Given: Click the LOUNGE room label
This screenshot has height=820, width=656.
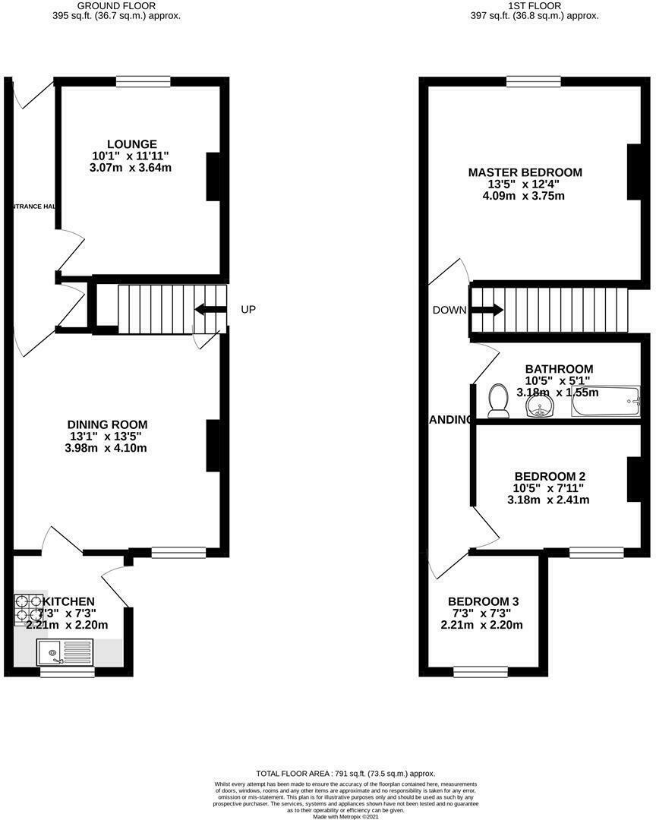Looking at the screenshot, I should [132, 144].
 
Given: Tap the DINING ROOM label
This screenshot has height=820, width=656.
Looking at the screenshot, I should [107, 424].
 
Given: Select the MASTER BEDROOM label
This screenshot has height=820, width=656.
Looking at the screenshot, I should [525, 172].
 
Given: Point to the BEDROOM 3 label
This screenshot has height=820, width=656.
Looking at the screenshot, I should [483, 601].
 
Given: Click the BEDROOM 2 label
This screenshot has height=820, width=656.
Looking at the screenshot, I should [549, 476].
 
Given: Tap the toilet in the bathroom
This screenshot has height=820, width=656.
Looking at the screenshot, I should [499, 400].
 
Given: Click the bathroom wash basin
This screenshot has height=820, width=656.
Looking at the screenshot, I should [538, 408].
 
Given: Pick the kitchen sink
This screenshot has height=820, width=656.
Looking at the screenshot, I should [66, 651].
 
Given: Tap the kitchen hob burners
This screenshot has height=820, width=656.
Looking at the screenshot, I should [28, 608].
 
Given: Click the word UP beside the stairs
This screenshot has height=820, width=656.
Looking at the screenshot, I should [248, 310].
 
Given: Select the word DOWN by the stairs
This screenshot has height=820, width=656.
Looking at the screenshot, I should [450, 310].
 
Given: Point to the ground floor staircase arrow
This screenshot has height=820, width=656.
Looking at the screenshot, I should [210, 309].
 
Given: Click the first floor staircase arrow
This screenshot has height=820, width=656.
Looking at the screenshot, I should [487, 310].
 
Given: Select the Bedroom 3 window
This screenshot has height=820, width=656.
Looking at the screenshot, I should [480, 671].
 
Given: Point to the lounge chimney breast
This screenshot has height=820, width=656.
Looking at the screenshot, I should [213, 176].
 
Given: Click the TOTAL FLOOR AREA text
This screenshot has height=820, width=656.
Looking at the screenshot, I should [327, 770].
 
